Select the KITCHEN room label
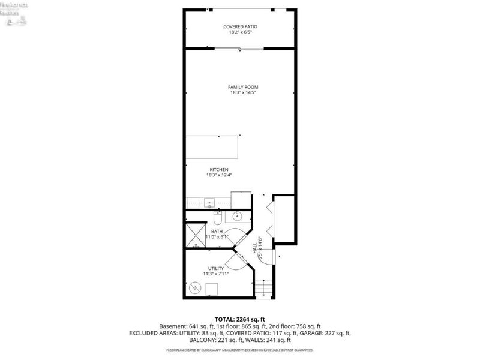point(219,169)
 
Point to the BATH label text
point(217,231)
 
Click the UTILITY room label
point(216,268)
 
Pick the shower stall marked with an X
point(196,235)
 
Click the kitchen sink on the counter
point(209,202)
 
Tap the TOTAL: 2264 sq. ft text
point(239,319)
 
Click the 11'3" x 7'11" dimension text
point(216,274)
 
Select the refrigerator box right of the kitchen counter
point(241,199)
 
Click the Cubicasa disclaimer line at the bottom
point(239,349)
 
